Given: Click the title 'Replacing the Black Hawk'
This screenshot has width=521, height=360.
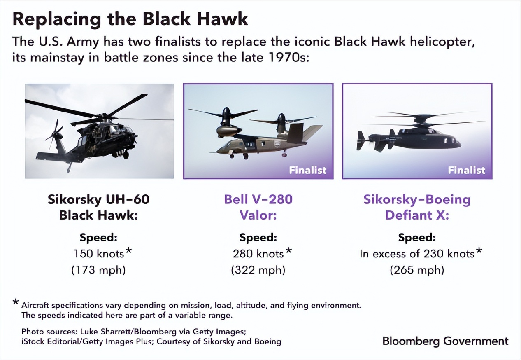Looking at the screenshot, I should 130,19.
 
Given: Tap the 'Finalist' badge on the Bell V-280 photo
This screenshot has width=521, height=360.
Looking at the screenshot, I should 307,170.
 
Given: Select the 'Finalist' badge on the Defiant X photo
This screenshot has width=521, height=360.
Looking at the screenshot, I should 466,170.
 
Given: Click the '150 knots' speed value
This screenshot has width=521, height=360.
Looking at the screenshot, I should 98,253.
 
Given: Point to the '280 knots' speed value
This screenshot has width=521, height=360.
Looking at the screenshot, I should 258,253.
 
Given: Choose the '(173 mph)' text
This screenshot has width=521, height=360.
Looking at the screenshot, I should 99,270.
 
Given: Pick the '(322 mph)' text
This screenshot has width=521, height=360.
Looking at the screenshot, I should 258,270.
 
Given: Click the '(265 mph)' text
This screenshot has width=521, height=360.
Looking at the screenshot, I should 417,270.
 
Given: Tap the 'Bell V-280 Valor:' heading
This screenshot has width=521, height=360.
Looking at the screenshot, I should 258,207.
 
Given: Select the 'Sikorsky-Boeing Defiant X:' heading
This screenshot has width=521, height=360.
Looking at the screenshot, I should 417,207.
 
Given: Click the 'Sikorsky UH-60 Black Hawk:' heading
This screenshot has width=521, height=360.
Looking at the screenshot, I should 99,207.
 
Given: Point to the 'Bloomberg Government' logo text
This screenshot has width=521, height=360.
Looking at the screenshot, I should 445,341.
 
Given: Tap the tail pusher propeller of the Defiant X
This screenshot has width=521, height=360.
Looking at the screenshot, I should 362,140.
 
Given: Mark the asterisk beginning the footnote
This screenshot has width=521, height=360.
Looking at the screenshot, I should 16,303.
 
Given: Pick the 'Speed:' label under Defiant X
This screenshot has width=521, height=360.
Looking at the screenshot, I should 417,238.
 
